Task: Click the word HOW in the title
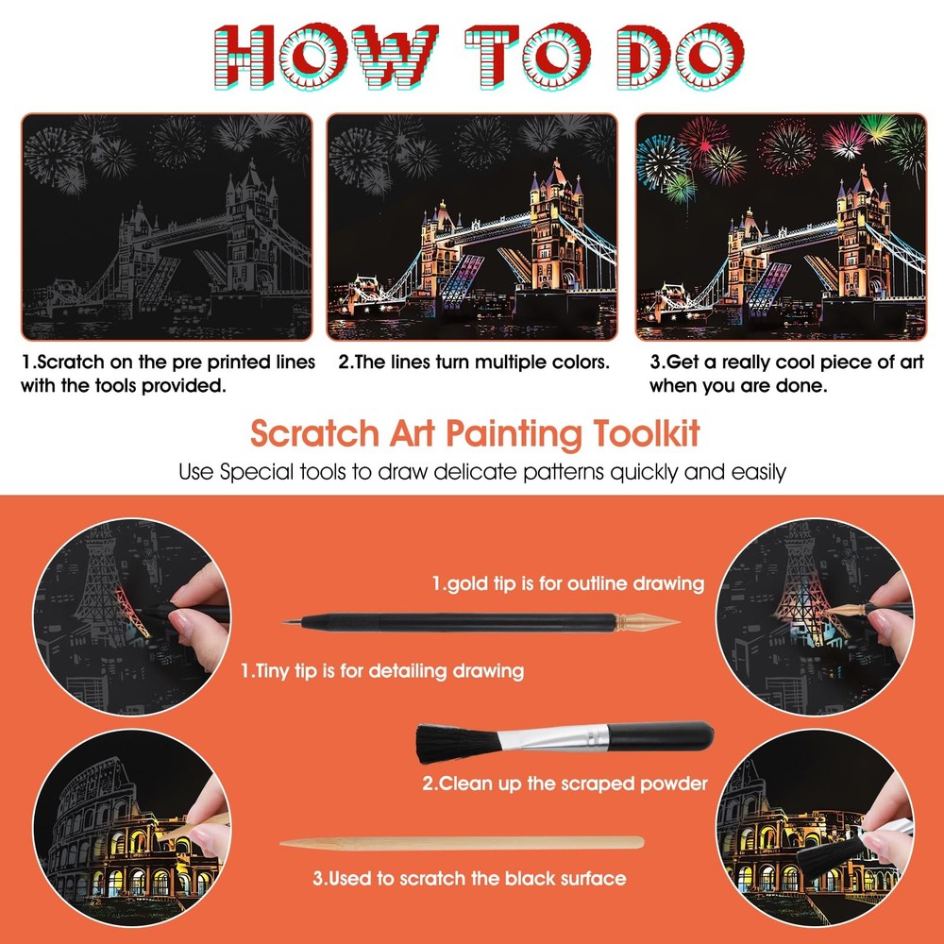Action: pyautogui.click(x=326, y=57)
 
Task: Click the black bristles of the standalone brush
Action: pyautogui.click(x=458, y=743)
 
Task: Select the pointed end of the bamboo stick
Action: pyautogui.click(x=283, y=843)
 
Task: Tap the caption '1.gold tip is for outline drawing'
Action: pyautogui.click(x=567, y=583)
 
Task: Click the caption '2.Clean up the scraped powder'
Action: pyautogui.click(x=565, y=784)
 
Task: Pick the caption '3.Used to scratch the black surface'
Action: pyautogui.click(x=469, y=878)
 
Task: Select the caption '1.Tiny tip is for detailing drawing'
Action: pyautogui.click(x=382, y=670)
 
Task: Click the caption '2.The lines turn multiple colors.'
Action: pyautogui.click(x=474, y=362)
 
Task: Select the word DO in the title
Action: pyautogui.click(x=681, y=57)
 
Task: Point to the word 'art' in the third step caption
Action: pyautogui.click(x=912, y=362)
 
